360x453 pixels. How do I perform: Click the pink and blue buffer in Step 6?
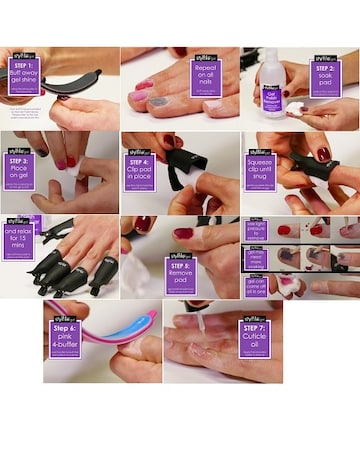tap(120, 330)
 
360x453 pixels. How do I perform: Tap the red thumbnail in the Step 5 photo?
tap(183, 233)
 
